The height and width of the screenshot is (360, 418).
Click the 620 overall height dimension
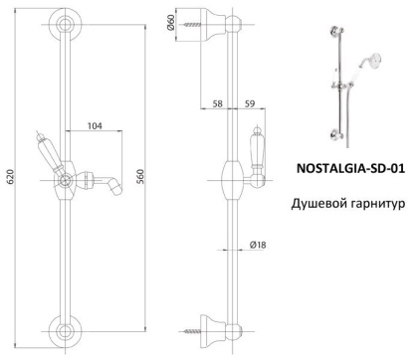[x=10, y=177]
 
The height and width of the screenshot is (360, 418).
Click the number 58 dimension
[x=217, y=102]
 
